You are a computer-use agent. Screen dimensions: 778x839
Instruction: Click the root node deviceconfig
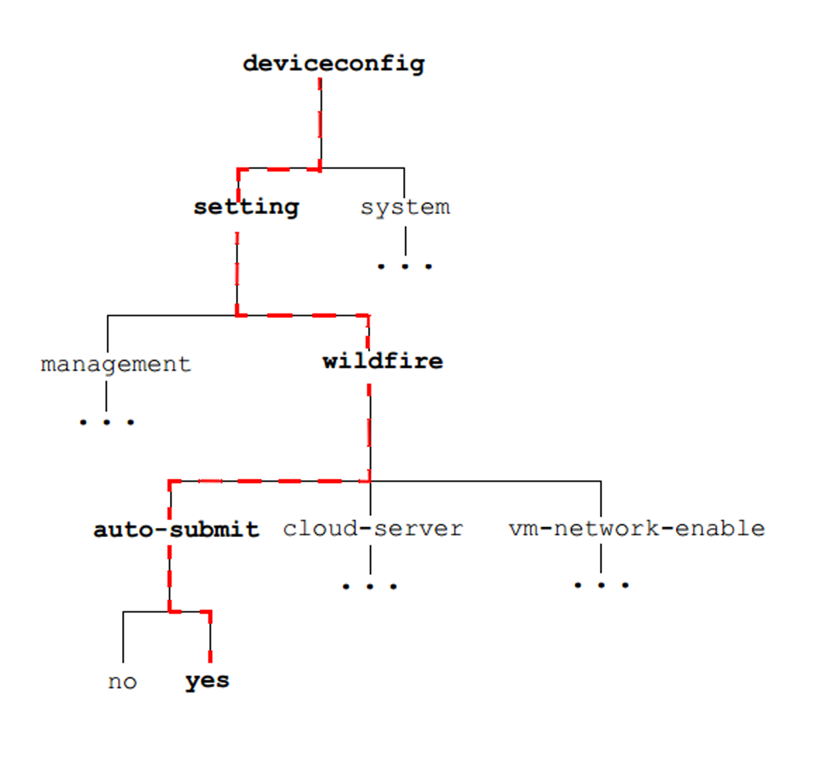334,64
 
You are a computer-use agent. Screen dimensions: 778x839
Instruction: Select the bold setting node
246,207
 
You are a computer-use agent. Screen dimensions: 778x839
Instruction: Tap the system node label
405,207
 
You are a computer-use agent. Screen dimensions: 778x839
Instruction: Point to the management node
115,364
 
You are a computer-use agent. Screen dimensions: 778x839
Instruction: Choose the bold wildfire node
383,361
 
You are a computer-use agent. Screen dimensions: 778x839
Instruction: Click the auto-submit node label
176,529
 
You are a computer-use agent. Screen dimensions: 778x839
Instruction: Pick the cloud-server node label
372,528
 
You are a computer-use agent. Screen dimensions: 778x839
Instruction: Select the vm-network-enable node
637,528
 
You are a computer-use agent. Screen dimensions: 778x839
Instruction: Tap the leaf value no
122,682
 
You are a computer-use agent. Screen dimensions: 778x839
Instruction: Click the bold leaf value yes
207,681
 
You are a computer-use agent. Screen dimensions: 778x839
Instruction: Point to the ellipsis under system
405,266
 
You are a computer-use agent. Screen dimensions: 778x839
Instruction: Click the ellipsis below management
107,422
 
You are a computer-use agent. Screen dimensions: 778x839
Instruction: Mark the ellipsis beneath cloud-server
370,586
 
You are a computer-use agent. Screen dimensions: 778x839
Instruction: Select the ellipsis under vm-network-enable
601,585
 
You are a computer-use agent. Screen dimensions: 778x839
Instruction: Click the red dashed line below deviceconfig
320,123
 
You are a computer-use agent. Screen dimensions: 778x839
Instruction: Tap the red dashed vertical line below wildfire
369,429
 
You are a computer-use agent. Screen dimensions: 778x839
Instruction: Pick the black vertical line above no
123,638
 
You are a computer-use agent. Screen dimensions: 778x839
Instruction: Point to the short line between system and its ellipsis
405,240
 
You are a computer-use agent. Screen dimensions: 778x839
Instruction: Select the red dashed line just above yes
210,638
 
